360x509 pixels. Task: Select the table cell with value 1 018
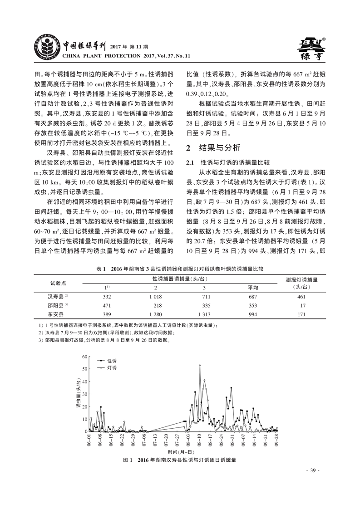tap(155, 296)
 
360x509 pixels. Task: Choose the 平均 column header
tap(253, 288)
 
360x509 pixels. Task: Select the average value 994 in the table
tap(253, 313)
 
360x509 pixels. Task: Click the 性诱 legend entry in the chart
tap(112, 360)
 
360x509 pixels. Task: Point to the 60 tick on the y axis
tap(84, 357)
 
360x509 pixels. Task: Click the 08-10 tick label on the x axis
tap(199, 440)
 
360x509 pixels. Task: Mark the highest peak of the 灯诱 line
tap(200, 365)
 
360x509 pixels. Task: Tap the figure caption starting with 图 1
tap(180, 460)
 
